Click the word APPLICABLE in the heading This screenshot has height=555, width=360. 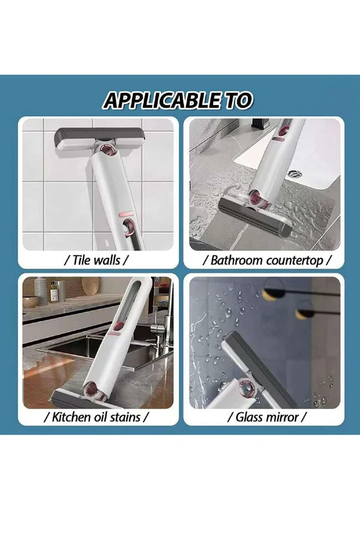[x=161, y=100]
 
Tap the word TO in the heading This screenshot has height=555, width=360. [x=239, y=100]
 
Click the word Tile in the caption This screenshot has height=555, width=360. [x=82, y=260]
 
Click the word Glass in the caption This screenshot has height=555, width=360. [x=249, y=417]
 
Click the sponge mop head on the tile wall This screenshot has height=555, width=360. [x=100, y=139]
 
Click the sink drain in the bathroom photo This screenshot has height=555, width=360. [x=294, y=174]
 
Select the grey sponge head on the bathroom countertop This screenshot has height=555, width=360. [x=255, y=218]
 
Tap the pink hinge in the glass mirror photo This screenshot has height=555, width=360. [x=246, y=389]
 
